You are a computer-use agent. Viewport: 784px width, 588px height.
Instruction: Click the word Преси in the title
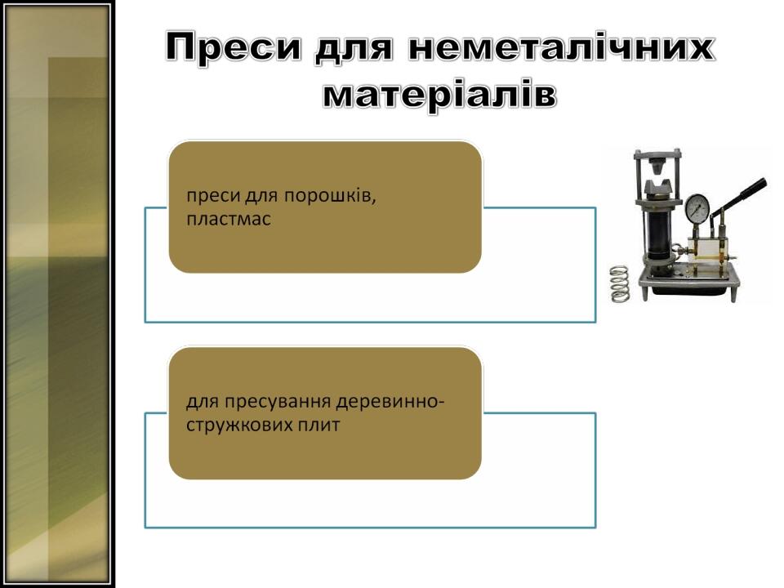pyautogui.click(x=234, y=48)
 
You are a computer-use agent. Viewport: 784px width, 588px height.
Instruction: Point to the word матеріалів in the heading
pyautogui.click(x=439, y=94)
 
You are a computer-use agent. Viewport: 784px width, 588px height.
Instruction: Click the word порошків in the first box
pyautogui.click(x=331, y=195)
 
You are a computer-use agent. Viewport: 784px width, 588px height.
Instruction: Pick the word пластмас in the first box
pyautogui.click(x=229, y=219)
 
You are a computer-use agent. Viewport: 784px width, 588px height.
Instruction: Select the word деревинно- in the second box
pyautogui.click(x=390, y=402)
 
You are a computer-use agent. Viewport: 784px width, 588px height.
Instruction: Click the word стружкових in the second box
pyautogui.click(x=239, y=425)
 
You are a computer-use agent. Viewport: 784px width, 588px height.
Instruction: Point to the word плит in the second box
pyautogui.click(x=319, y=425)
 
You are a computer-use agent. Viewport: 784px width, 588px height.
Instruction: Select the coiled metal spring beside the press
pyautogui.click(x=620, y=283)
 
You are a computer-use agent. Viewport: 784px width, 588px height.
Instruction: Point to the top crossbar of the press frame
pyautogui.click(x=657, y=154)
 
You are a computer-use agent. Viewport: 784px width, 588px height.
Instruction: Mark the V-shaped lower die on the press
pyautogui.click(x=657, y=189)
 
